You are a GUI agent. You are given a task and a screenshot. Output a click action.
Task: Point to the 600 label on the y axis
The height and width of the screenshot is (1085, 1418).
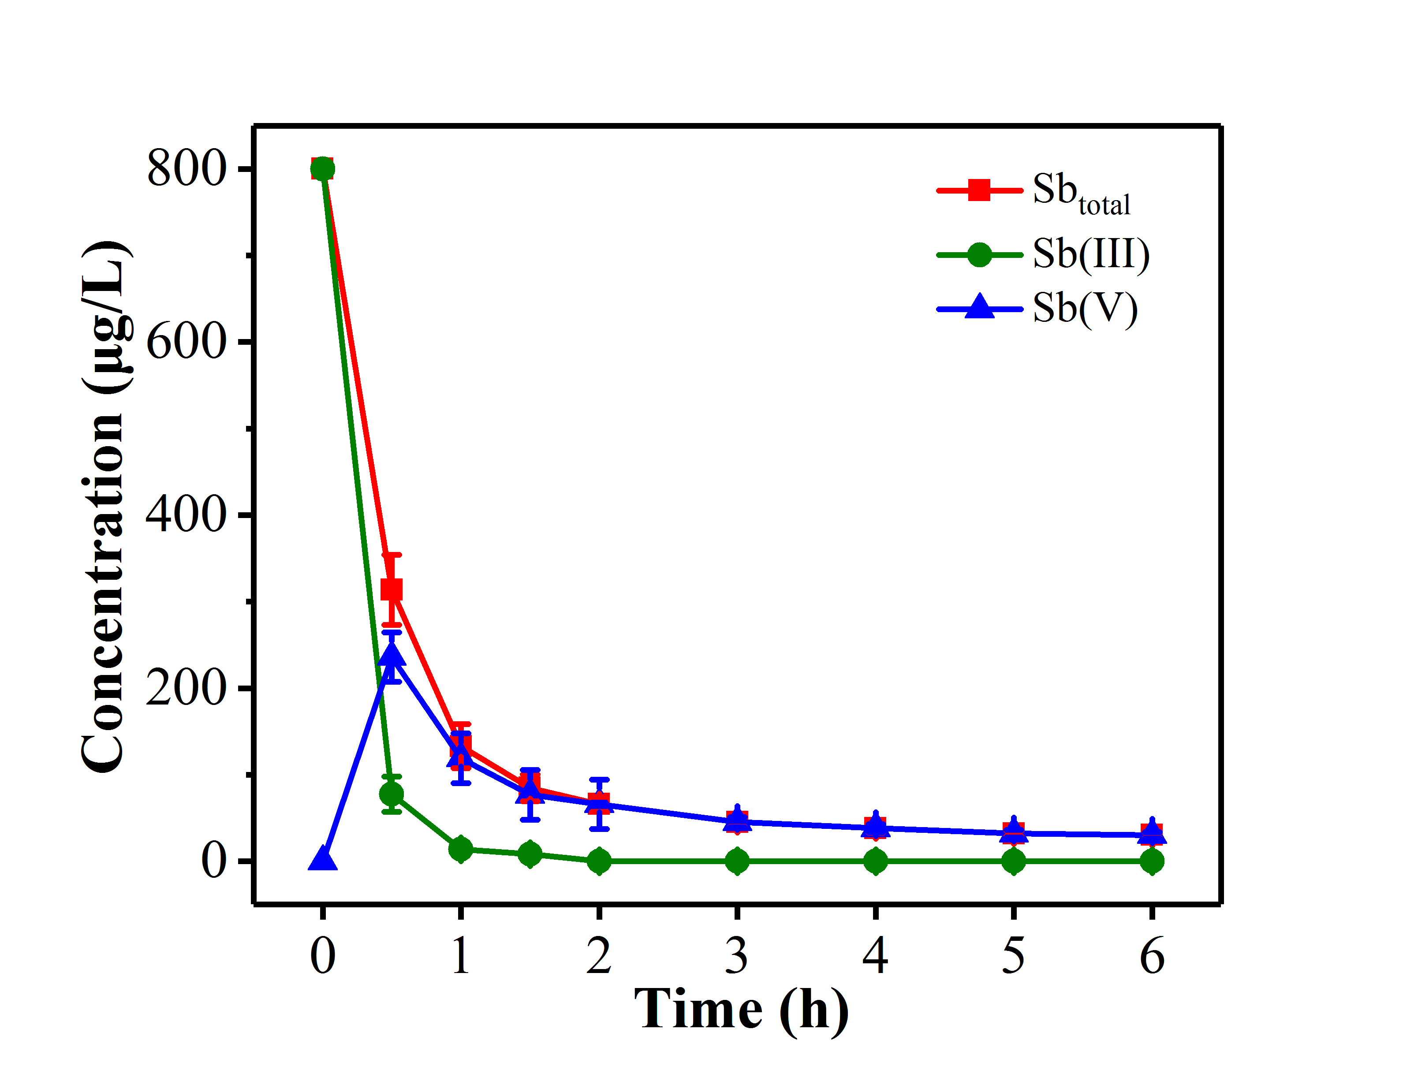click(187, 342)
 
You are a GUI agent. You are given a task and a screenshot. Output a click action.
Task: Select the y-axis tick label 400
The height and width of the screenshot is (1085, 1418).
click(187, 515)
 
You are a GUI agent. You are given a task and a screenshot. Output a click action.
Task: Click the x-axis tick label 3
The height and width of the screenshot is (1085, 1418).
click(737, 956)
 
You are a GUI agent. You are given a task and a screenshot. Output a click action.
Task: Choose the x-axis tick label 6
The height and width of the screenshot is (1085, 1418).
click(1152, 956)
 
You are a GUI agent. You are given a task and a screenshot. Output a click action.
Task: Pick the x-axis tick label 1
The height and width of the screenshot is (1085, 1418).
click(460, 956)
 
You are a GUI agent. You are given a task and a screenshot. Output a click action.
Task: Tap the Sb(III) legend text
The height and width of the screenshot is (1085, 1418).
click(1091, 254)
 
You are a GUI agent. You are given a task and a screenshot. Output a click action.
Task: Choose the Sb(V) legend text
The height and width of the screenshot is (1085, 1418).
click(1085, 308)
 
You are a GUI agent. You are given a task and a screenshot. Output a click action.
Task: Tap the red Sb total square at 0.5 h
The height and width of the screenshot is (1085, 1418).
click(391, 589)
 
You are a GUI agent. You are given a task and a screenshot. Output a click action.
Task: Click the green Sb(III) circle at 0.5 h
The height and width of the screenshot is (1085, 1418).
click(391, 794)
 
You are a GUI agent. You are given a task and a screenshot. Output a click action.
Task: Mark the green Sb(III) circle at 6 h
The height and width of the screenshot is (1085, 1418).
click(1152, 861)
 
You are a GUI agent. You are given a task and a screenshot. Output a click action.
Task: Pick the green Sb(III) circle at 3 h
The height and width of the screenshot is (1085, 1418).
click(737, 861)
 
